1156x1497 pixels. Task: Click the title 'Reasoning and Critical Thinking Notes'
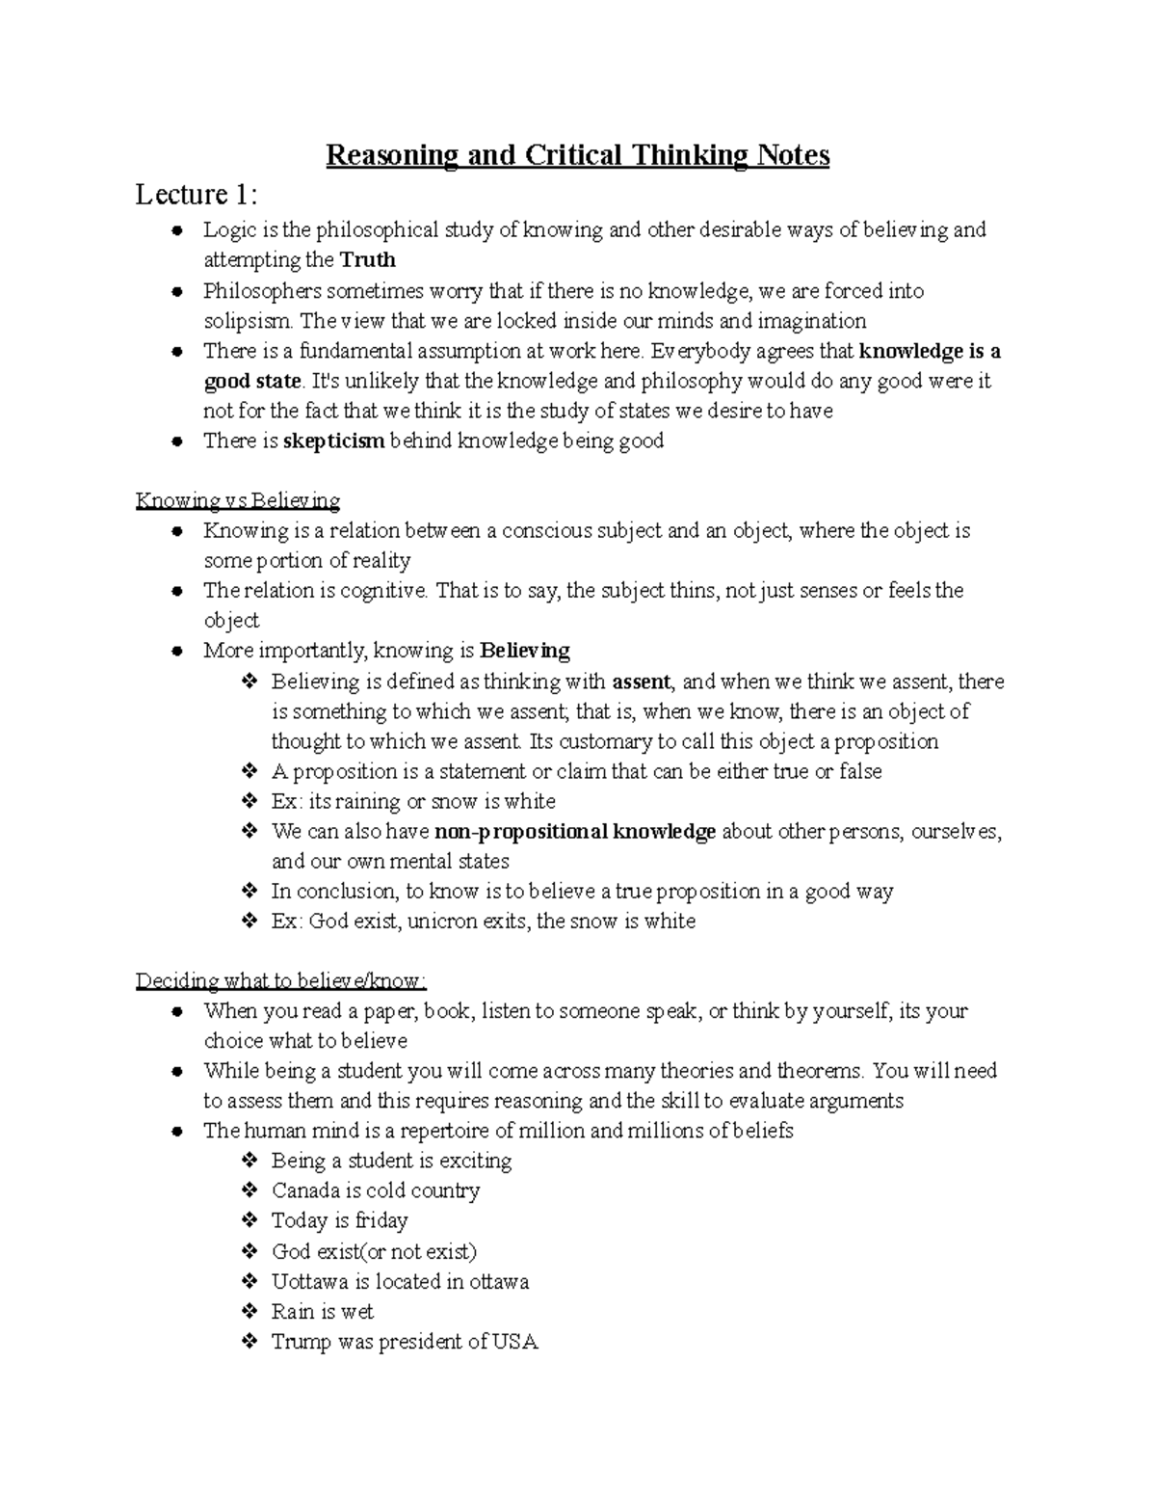coord(577,155)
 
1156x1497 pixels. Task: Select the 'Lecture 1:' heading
coord(197,195)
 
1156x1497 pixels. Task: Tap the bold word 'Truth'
coord(368,260)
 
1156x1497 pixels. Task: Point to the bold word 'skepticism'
coord(334,441)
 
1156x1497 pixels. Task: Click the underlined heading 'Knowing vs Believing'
coord(238,501)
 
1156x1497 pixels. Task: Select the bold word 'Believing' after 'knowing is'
coord(525,651)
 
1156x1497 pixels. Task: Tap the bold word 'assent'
coord(642,682)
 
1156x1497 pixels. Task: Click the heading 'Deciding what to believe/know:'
coord(280,981)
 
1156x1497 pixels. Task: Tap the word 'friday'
coord(381,1221)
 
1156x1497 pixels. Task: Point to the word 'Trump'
coord(301,1342)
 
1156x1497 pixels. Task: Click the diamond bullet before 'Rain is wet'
coord(250,1312)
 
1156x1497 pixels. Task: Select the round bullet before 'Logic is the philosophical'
coord(177,231)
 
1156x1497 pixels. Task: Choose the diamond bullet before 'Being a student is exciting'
coord(250,1162)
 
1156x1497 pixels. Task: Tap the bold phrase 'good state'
coord(252,382)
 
